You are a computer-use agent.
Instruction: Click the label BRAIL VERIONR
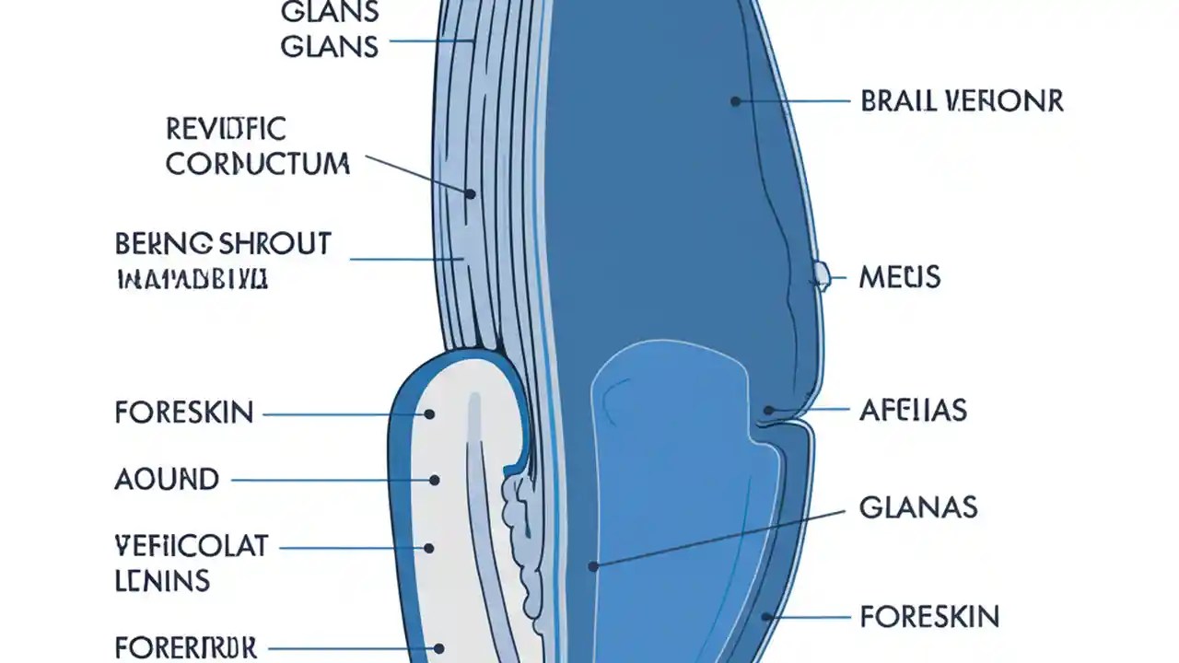click(x=962, y=100)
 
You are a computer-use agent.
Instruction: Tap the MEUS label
click(x=899, y=276)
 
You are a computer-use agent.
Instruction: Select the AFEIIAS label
click(x=913, y=410)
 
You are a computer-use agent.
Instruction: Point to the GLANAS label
click(x=917, y=506)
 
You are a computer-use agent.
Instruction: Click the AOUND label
click(x=167, y=479)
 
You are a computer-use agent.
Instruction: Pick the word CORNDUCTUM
click(x=258, y=164)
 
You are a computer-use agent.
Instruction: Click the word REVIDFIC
click(x=227, y=129)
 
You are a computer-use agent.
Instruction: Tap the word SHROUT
click(x=275, y=244)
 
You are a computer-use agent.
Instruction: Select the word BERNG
click(x=164, y=244)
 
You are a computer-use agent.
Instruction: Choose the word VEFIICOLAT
click(x=192, y=546)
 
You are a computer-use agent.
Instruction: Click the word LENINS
click(x=162, y=580)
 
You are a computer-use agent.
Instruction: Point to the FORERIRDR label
click(x=186, y=646)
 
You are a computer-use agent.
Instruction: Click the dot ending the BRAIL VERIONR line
click(x=735, y=101)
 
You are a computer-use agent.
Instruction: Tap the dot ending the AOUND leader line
click(x=435, y=480)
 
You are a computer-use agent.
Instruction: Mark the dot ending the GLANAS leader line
click(x=594, y=567)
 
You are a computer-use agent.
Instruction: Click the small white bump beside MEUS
click(x=821, y=273)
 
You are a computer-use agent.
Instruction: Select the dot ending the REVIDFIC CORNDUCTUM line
click(x=470, y=194)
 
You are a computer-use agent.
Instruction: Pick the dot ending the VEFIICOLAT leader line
click(x=429, y=548)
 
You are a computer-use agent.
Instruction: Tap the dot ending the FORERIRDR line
click(x=440, y=648)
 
